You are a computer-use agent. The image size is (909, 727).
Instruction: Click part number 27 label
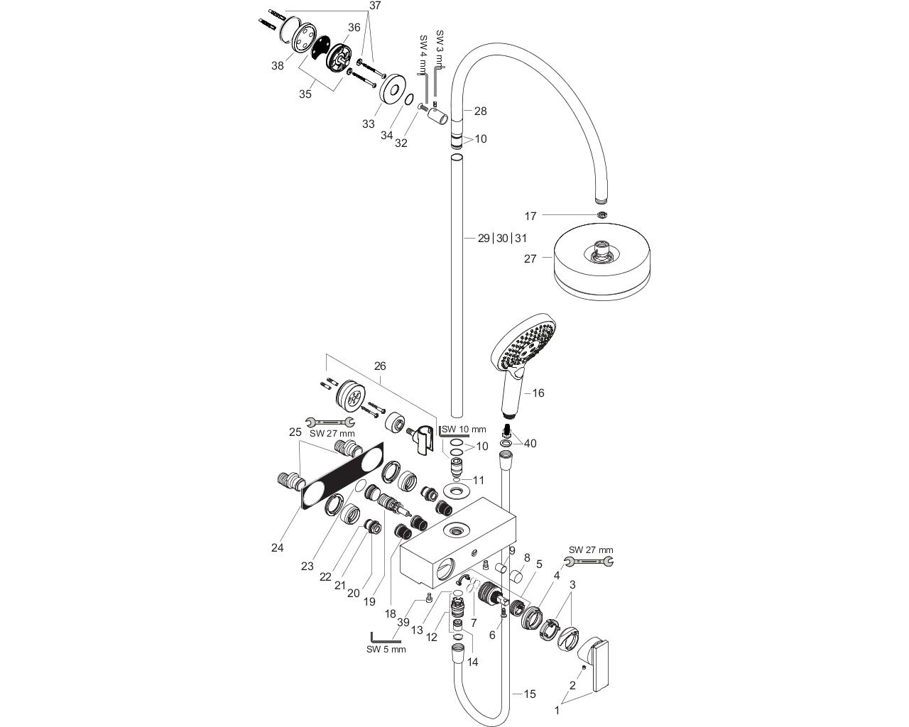tap(530, 258)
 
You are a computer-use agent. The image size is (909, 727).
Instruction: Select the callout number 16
tap(538, 393)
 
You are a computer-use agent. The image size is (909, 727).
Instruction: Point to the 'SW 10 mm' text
tap(464, 430)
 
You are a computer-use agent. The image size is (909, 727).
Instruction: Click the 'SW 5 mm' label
tap(386, 650)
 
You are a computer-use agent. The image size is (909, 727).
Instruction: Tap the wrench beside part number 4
tap(589, 562)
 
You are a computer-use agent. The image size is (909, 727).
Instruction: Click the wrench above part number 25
tap(330, 422)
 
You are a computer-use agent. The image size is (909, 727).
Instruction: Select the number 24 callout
tap(278, 548)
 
